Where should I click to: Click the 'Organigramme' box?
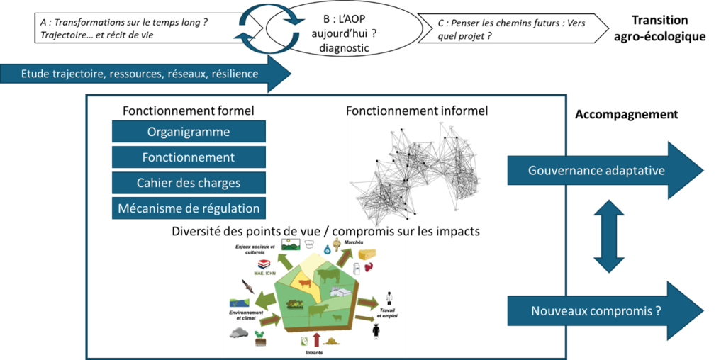tap(189, 132)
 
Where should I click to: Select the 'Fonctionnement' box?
tap(189, 157)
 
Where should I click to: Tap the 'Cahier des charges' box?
tap(189, 183)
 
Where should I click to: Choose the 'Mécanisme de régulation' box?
tap(189, 208)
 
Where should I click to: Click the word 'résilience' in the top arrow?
tap(235, 74)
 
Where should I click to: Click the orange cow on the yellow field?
tap(304, 284)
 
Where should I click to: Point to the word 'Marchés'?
tap(354, 242)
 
